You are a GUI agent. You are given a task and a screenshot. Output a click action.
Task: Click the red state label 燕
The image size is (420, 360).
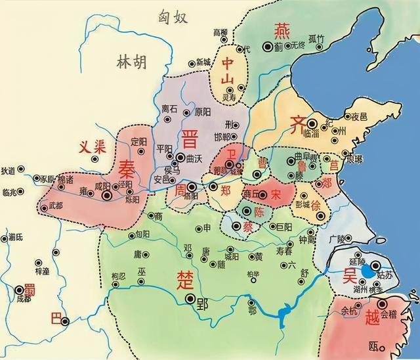[x=282, y=30]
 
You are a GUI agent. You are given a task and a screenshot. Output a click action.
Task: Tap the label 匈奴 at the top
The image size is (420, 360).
[x=173, y=18]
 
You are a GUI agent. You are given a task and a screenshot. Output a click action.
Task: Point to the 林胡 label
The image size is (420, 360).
[x=131, y=63]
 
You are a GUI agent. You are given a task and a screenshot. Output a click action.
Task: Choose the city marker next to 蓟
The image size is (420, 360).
[x=267, y=47]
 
